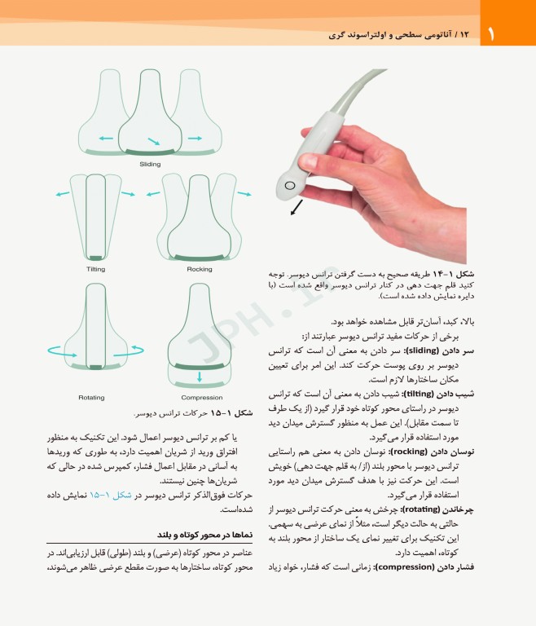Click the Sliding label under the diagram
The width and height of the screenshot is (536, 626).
[150, 164]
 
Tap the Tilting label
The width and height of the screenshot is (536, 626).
[95, 269]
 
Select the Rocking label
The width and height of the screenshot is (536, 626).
[200, 269]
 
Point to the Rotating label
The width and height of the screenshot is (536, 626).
[91, 397]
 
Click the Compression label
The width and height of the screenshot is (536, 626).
[202, 397]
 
